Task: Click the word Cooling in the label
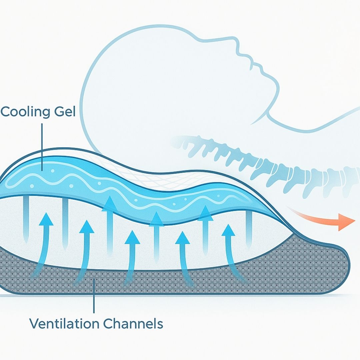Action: pos(25,112)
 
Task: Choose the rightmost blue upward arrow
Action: pos(228,233)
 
